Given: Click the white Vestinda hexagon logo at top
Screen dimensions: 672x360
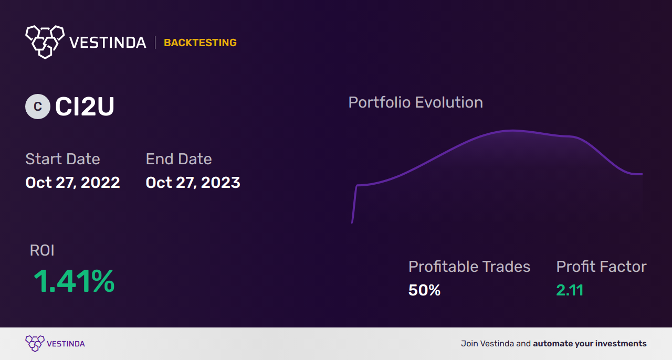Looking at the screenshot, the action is pyautogui.click(x=45, y=42).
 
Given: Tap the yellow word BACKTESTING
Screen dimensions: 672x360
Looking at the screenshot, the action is pyautogui.click(x=200, y=43).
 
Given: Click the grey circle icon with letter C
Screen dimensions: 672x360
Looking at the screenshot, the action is pyautogui.click(x=38, y=107).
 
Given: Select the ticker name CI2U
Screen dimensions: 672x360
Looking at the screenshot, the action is pyautogui.click(x=85, y=107).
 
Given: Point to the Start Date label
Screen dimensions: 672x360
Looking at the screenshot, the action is pyautogui.click(x=62, y=158).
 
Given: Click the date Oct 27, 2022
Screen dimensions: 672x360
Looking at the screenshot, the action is pyautogui.click(x=72, y=183).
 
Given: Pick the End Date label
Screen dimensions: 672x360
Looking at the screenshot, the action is pyautogui.click(x=179, y=158).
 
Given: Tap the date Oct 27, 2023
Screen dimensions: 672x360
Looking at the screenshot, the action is pyautogui.click(x=193, y=183).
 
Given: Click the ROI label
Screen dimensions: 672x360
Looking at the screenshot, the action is pyautogui.click(x=42, y=250).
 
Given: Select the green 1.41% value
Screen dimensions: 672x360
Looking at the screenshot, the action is pyautogui.click(x=74, y=281).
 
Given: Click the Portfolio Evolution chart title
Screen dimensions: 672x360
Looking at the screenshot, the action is pyautogui.click(x=415, y=102).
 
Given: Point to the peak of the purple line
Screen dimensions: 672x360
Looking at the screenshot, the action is pyautogui.click(x=511, y=131).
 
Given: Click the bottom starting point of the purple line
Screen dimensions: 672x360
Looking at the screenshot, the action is pyautogui.click(x=352, y=223).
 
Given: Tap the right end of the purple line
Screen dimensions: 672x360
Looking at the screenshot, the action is pyautogui.click(x=642, y=174).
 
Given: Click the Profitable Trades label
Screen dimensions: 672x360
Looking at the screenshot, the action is pyautogui.click(x=469, y=267).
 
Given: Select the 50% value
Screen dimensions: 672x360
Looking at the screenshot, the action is pyautogui.click(x=425, y=290).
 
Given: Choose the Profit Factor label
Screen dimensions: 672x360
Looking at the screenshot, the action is pyautogui.click(x=601, y=267).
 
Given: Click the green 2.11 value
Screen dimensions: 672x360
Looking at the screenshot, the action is pyautogui.click(x=570, y=290).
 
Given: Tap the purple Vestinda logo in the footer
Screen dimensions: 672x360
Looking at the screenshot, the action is pyautogui.click(x=55, y=344).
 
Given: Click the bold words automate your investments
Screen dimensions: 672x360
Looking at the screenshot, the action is pyautogui.click(x=590, y=344).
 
